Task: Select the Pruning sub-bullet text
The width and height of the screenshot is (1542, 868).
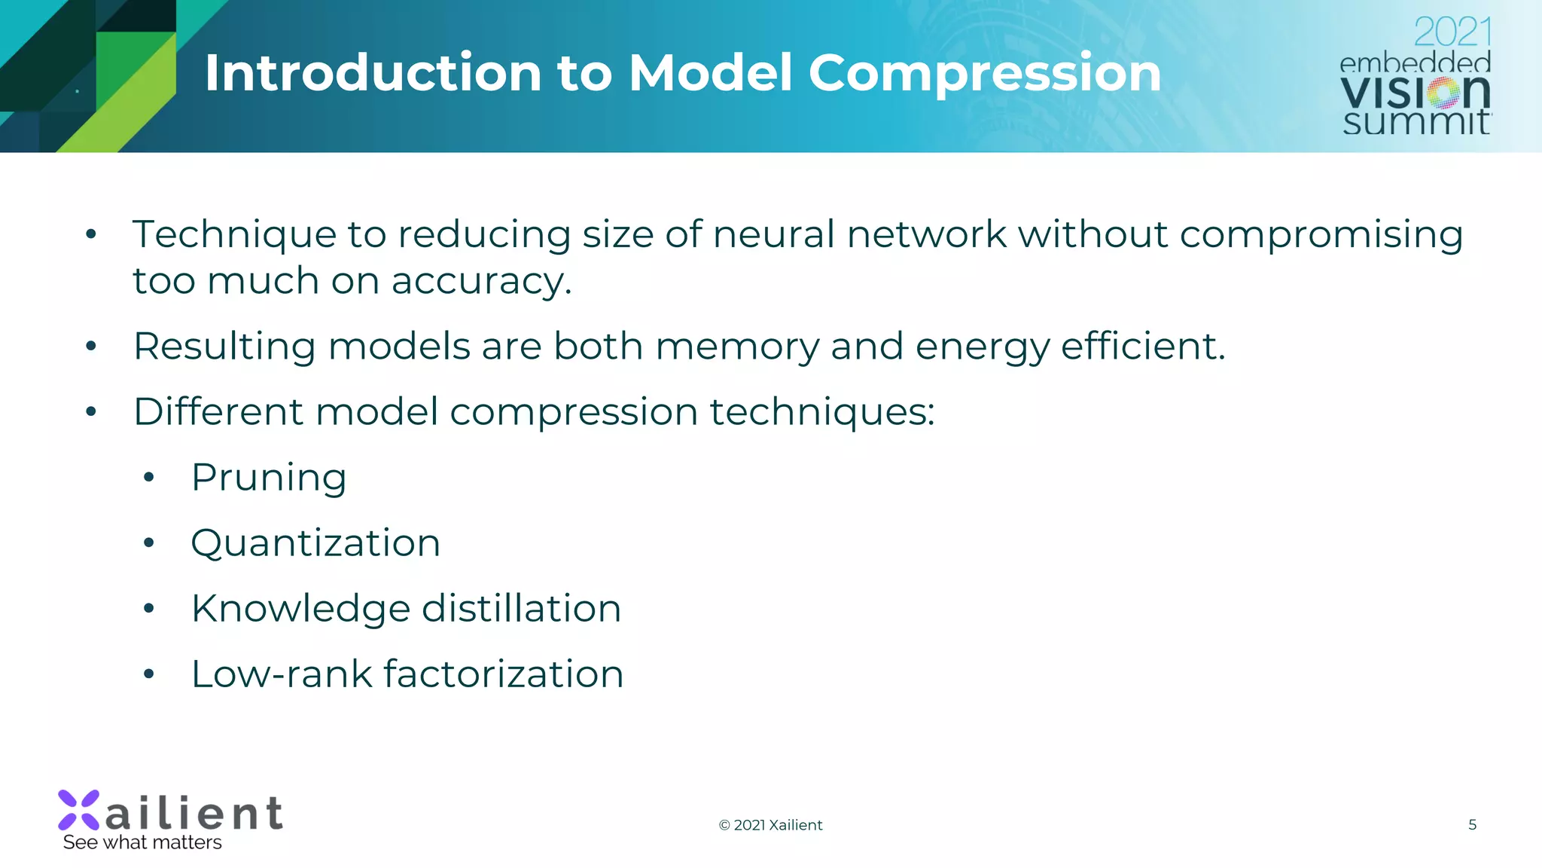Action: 269,478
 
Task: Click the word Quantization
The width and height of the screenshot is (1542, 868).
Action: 315,543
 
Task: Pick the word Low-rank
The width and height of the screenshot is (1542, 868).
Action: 282,674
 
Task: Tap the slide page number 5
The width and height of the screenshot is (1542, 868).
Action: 1472,824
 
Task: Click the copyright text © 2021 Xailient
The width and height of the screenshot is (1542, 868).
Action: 770,825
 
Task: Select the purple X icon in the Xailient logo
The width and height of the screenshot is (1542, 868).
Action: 79,810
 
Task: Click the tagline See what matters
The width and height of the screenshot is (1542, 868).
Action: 142,842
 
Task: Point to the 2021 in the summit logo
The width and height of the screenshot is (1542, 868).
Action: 1452,32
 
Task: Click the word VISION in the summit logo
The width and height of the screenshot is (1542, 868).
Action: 1415,93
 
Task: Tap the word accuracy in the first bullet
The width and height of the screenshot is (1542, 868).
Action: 481,281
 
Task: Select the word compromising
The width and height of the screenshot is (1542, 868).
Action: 1321,234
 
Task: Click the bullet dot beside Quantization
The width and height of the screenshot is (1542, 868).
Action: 149,542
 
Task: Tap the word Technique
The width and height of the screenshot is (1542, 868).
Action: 234,234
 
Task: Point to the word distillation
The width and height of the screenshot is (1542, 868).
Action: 521,609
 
